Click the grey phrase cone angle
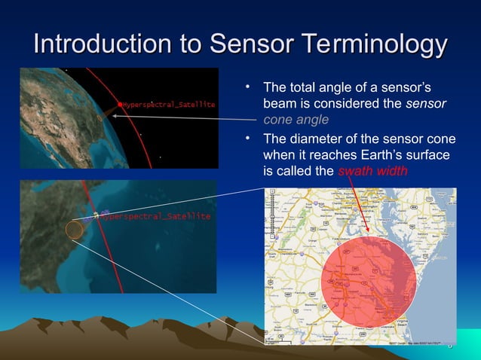[296, 119]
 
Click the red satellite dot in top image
[119, 103]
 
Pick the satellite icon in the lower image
[97, 216]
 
